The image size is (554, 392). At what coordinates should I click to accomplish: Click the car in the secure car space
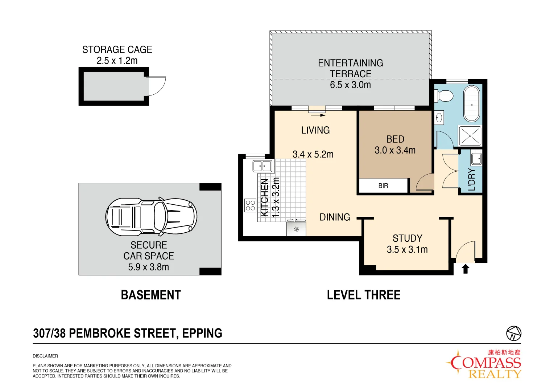click(x=151, y=216)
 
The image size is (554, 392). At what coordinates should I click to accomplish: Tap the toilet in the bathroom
click(x=445, y=96)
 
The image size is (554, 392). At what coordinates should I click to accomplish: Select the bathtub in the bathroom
click(x=471, y=104)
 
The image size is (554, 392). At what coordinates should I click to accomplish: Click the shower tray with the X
click(x=470, y=136)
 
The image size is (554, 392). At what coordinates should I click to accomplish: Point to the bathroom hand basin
click(x=439, y=118)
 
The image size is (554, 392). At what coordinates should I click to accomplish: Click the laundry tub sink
click(x=476, y=159)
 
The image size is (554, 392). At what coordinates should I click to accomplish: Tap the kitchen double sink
click(x=262, y=166)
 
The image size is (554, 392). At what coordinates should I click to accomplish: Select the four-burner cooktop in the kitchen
click(x=250, y=205)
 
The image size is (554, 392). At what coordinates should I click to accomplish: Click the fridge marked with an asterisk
click(x=296, y=229)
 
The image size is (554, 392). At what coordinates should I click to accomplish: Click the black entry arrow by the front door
click(x=466, y=269)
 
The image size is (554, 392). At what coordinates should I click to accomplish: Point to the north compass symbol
click(x=513, y=333)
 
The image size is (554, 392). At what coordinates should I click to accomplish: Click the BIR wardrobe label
click(x=383, y=186)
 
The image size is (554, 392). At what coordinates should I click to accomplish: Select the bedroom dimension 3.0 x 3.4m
click(x=395, y=150)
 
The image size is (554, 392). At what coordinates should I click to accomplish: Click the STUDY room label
click(x=407, y=238)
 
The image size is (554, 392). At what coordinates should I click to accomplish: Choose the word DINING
click(x=335, y=217)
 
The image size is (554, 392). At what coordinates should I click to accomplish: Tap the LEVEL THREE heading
click(x=364, y=295)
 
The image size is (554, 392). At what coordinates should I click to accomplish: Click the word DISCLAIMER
click(x=45, y=356)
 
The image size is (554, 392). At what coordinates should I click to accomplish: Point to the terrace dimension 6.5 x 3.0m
click(x=350, y=85)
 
